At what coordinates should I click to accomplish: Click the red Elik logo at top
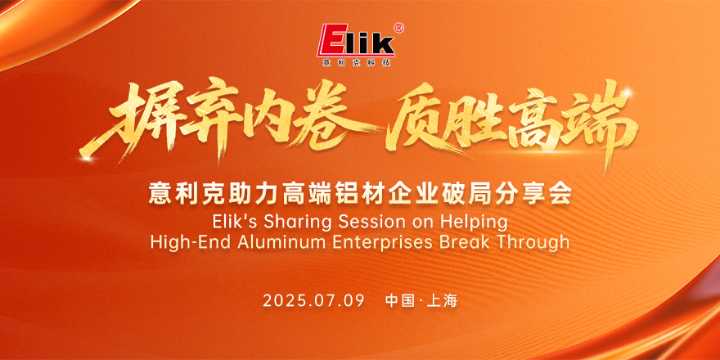(358, 40)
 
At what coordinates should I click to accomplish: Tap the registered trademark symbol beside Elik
(399, 28)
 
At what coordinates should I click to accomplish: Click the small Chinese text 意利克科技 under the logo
(357, 62)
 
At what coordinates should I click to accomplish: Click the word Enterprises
(385, 242)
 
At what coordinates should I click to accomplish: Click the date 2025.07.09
(313, 301)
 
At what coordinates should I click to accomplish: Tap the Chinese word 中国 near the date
(400, 301)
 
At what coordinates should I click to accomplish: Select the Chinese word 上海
(442, 301)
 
